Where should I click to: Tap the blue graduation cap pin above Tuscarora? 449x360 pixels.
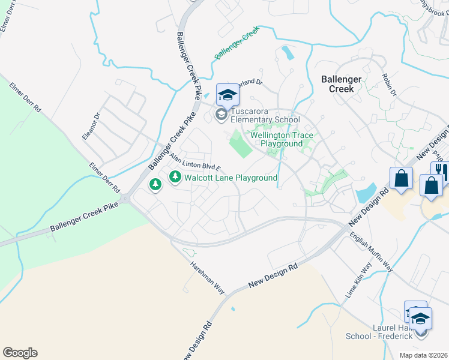point(228,94)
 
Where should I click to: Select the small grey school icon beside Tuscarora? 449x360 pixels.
point(221,115)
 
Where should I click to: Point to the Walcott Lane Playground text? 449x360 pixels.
point(231,178)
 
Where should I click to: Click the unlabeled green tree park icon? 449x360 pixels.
point(155,184)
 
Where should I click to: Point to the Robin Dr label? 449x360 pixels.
point(389,85)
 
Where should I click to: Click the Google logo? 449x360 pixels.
point(20,353)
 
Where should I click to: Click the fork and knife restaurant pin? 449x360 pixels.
point(439,171)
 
